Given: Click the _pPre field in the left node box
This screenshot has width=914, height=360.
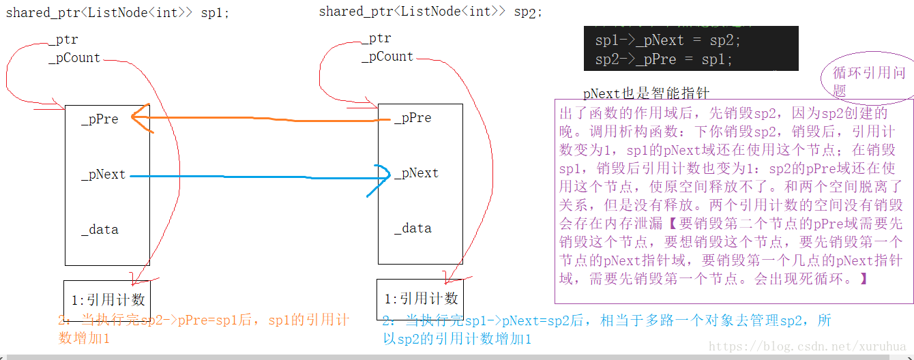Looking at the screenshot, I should coord(100,119).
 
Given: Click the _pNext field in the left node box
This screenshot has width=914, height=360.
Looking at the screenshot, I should coord(103,175).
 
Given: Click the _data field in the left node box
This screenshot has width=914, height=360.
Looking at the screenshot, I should coord(100,230).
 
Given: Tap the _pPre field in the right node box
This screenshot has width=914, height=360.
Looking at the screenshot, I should coord(413,118).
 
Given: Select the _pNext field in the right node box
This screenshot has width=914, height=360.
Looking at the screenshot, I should coord(416,173).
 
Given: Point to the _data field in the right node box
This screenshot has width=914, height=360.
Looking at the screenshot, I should coord(413,228).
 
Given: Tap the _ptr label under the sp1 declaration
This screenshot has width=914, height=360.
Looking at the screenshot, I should coord(63,40).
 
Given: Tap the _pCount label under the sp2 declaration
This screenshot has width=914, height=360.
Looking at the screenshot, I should coord(387,57).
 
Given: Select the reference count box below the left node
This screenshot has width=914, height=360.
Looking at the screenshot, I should coord(106,299).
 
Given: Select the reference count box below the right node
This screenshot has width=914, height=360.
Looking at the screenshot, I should coord(419,298).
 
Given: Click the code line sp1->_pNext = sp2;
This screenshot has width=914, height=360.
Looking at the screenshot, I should coord(668,40).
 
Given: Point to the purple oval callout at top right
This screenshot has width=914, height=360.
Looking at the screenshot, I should coord(870,81).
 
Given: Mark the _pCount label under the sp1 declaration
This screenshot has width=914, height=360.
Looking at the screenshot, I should coord(74,58).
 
